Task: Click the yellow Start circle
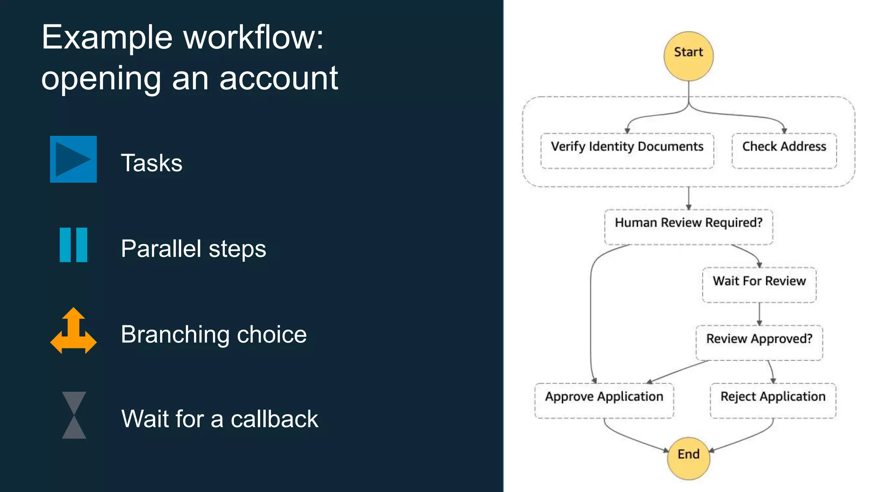[688, 56]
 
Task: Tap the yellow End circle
[688, 458]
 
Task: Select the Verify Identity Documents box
[627, 150]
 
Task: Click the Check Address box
[784, 150]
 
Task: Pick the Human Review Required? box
[688, 227]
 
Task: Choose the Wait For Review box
[759, 285]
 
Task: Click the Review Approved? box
[759, 343]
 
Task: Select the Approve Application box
[604, 400]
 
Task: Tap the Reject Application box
[773, 400]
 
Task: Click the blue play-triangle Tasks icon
[73, 159]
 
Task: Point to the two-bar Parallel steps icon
[73, 245]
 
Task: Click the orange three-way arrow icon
[73, 331]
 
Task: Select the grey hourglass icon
[74, 415]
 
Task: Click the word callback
[274, 419]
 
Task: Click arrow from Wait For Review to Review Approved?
[759, 314]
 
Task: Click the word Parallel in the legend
[161, 249]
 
